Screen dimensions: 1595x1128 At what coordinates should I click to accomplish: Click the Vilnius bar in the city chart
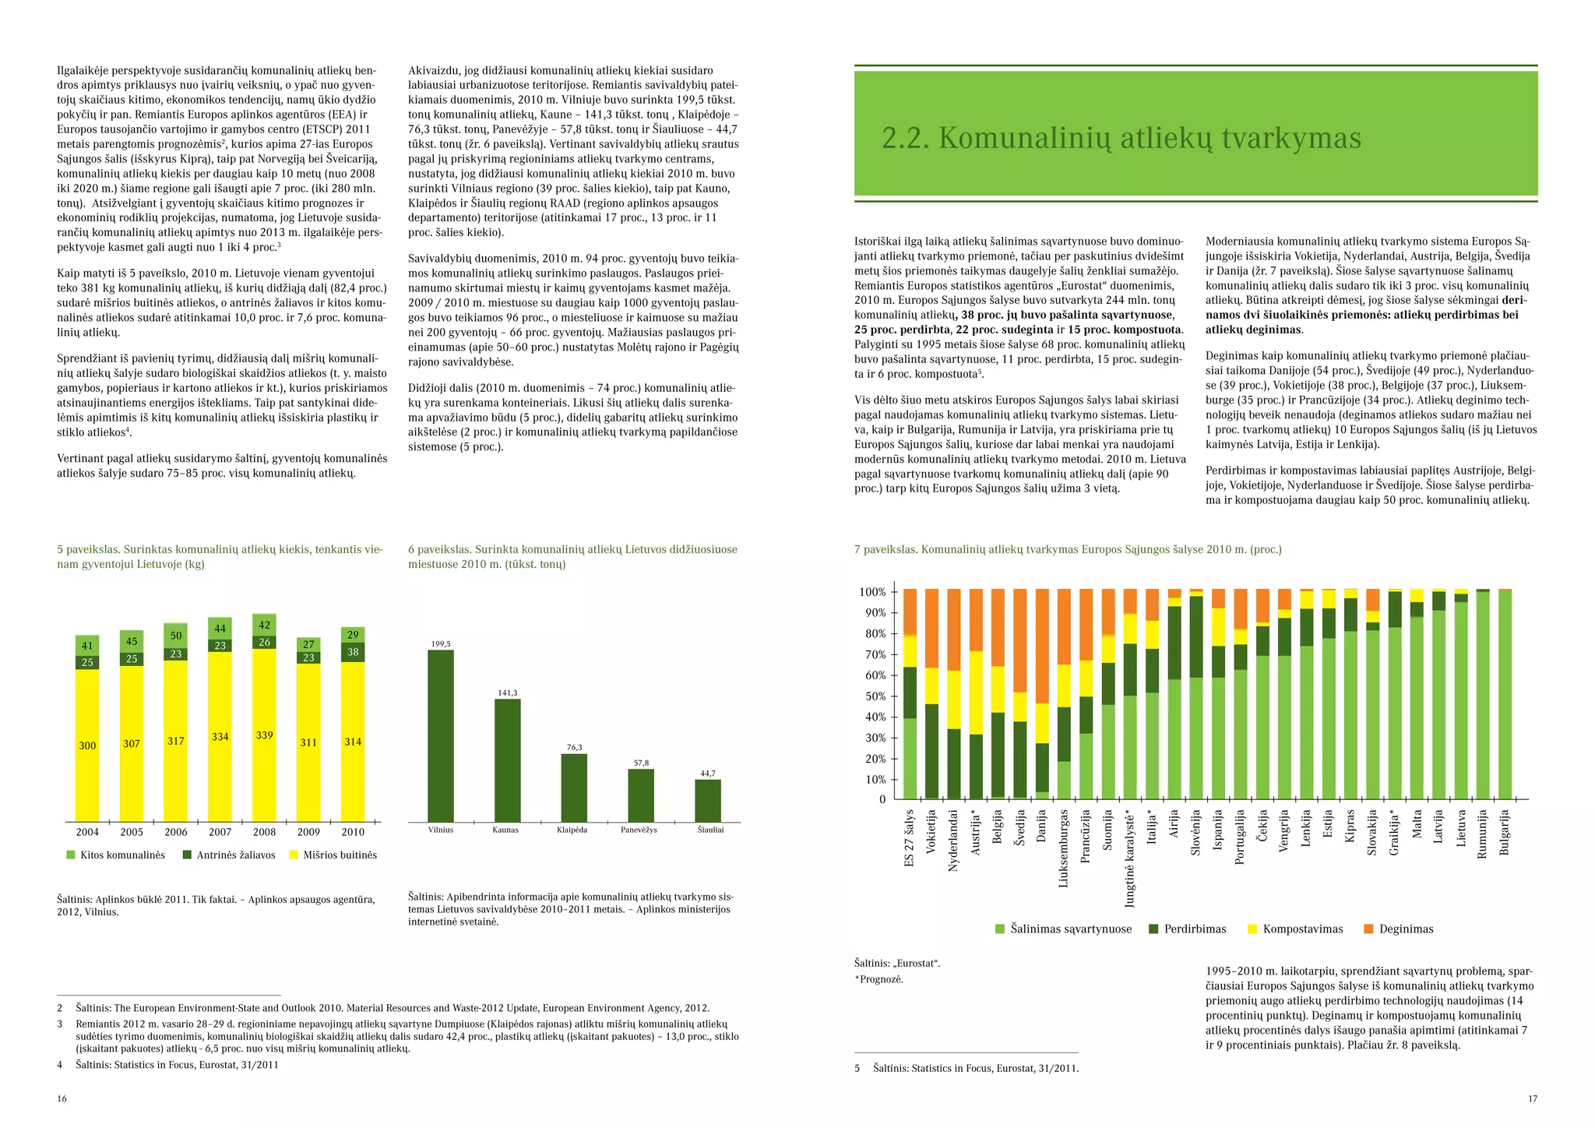click(441, 735)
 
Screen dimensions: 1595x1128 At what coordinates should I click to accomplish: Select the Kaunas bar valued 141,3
click(508, 760)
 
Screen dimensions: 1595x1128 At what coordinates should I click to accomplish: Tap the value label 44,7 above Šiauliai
click(708, 774)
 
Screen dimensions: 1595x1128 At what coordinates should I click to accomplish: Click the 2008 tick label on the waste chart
click(265, 832)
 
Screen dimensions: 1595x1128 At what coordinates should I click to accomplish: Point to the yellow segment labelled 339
click(265, 735)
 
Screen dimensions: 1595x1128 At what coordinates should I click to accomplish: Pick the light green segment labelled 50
click(176, 636)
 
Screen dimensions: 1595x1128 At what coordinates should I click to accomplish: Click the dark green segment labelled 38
click(353, 652)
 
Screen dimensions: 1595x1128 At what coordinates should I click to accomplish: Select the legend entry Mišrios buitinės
click(333, 855)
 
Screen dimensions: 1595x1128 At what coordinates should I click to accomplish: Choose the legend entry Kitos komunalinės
click(116, 855)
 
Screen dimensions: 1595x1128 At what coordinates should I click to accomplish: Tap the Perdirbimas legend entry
click(1188, 929)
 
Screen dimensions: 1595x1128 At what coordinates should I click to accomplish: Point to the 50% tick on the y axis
click(872, 696)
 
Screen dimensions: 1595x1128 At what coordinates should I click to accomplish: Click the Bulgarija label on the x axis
click(1505, 833)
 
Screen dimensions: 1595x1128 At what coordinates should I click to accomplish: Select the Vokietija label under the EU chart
click(931, 832)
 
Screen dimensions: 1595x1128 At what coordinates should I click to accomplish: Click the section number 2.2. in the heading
click(906, 138)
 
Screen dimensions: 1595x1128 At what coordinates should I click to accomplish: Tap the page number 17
click(1533, 1099)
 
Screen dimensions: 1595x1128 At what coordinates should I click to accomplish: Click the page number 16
click(62, 1099)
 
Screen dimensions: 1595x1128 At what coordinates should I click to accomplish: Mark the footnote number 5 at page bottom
click(857, 1069)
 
